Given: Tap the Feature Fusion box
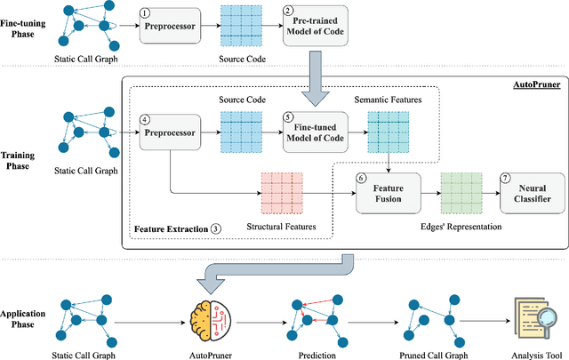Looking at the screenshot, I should click(385, 193).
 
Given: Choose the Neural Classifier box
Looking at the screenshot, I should click(531, 193).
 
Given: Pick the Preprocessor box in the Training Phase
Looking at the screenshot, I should click(166, 134).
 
